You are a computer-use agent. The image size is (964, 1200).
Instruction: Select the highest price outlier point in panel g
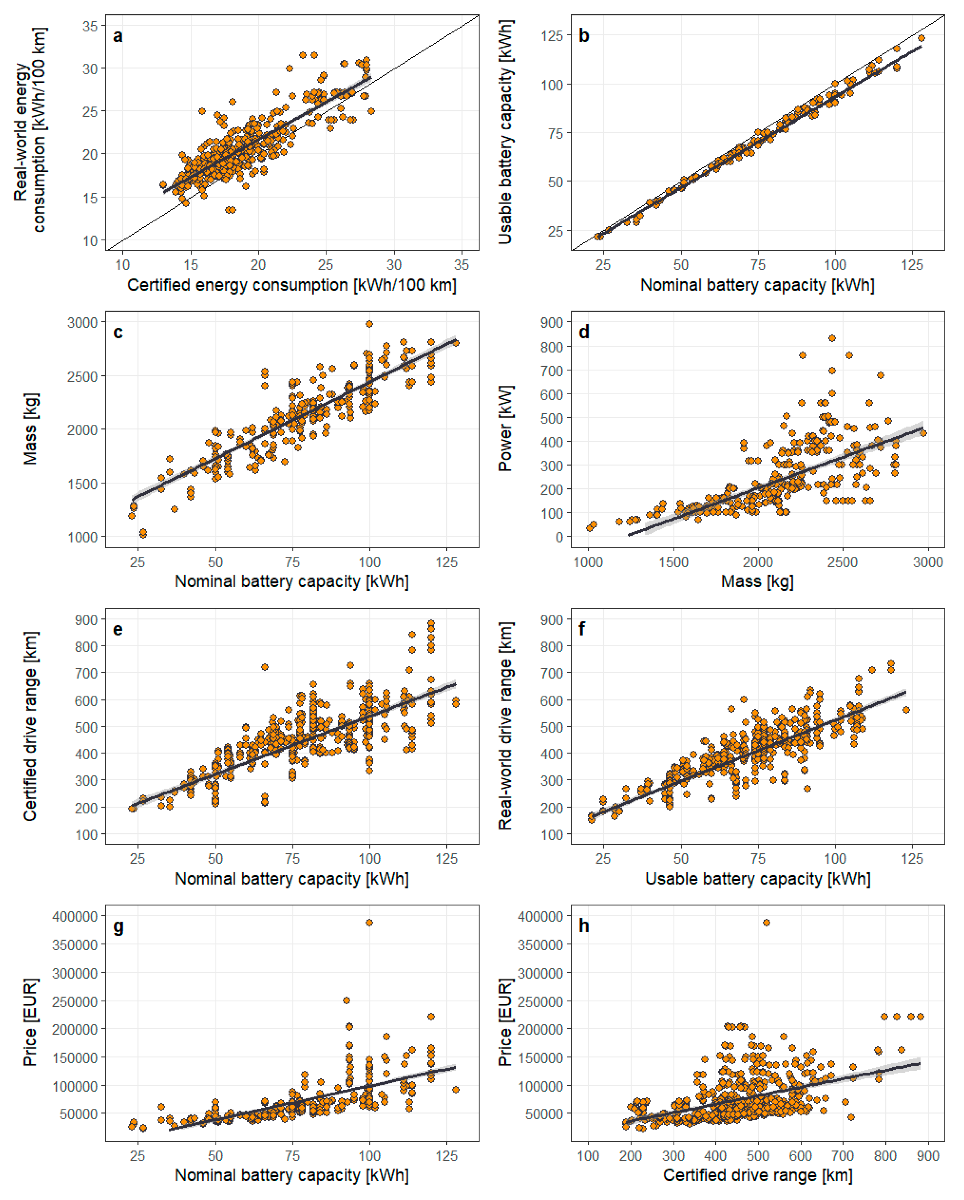[369, 922]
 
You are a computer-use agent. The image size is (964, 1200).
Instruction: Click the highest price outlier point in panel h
[766, 922]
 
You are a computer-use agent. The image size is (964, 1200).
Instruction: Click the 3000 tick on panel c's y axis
[82, 323]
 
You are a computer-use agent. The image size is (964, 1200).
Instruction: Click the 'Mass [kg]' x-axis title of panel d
[757, 582]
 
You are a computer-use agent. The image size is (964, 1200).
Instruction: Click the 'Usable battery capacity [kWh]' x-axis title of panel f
[757, 879]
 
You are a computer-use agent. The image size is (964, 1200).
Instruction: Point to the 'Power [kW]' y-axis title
[505, 428]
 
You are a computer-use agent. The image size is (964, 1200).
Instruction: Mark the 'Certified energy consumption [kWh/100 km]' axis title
[292, 285]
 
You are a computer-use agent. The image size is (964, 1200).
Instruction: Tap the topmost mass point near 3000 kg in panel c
[369, 324]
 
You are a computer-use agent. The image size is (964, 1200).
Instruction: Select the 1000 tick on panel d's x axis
[588, 562]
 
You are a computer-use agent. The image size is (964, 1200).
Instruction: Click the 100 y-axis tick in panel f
[552, 834]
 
